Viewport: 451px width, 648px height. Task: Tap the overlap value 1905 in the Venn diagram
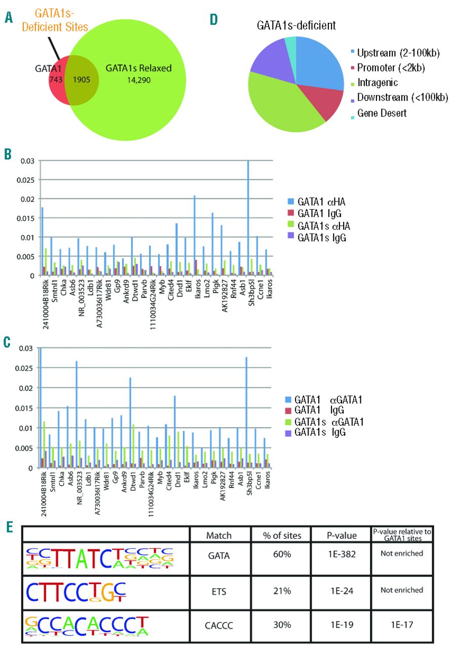pos(81,79)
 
